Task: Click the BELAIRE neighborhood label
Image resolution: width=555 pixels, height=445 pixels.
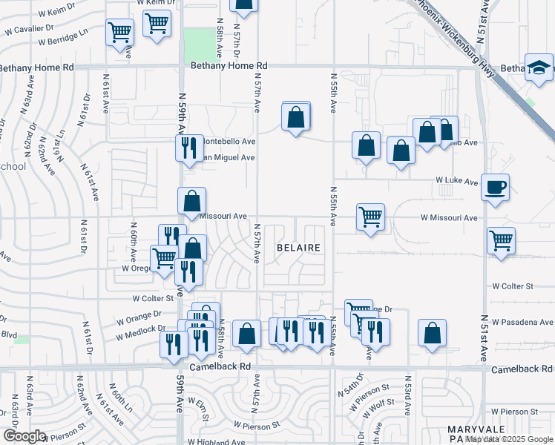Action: pos(298,247)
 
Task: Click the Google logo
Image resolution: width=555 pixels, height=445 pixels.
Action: pos(24,436)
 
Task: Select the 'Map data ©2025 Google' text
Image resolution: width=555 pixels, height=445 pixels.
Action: pos(509,440)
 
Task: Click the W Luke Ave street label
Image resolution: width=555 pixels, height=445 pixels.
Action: pos(456,180)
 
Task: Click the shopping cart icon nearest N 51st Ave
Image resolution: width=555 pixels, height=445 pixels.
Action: pos(502,241)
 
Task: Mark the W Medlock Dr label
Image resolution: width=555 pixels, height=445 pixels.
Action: pos(140,332)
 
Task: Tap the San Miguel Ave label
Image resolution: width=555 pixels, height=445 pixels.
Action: pos(229,157)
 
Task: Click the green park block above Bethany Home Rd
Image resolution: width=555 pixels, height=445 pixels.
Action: pos(197,45)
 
